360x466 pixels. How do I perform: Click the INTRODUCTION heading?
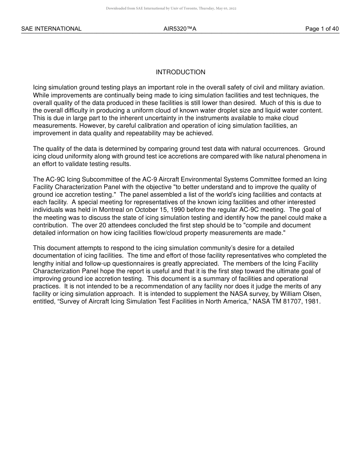click(x=180, y=72)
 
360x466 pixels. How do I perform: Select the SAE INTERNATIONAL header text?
click(x=51, y=29)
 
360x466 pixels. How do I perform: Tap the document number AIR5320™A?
click(x=180, y=29)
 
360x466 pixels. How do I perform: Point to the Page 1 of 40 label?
click(x=322, y=29)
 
